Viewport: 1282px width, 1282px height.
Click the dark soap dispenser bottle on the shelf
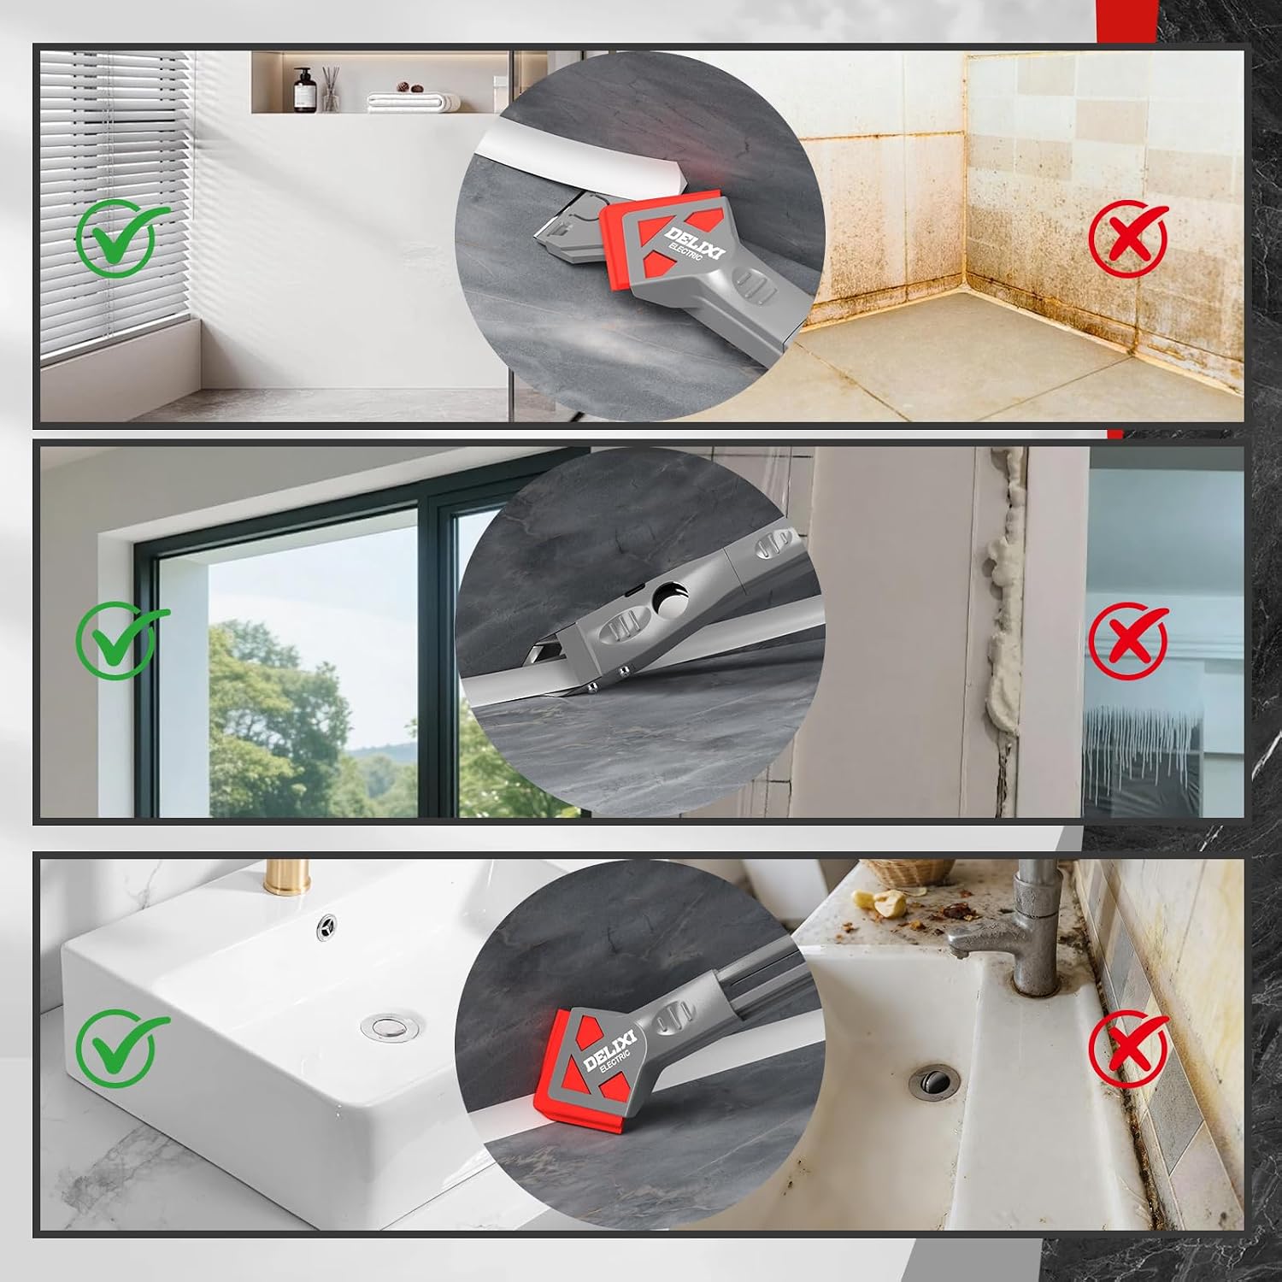[301, 89]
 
